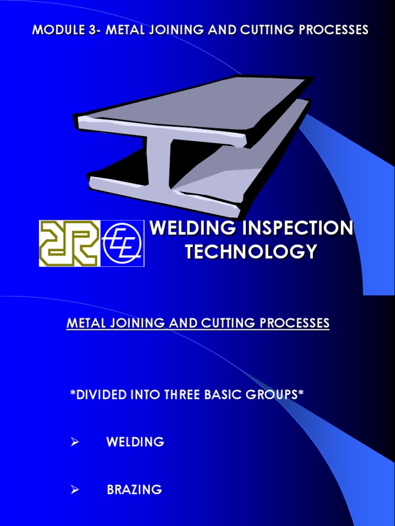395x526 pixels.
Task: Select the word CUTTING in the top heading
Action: (255, 30)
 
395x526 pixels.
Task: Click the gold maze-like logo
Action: (68, 243)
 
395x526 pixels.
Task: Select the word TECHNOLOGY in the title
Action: (250, 252)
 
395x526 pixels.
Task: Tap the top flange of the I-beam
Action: (195, 108)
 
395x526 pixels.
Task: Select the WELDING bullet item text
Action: (135, 442)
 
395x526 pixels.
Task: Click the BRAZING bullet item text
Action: (134, 490)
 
